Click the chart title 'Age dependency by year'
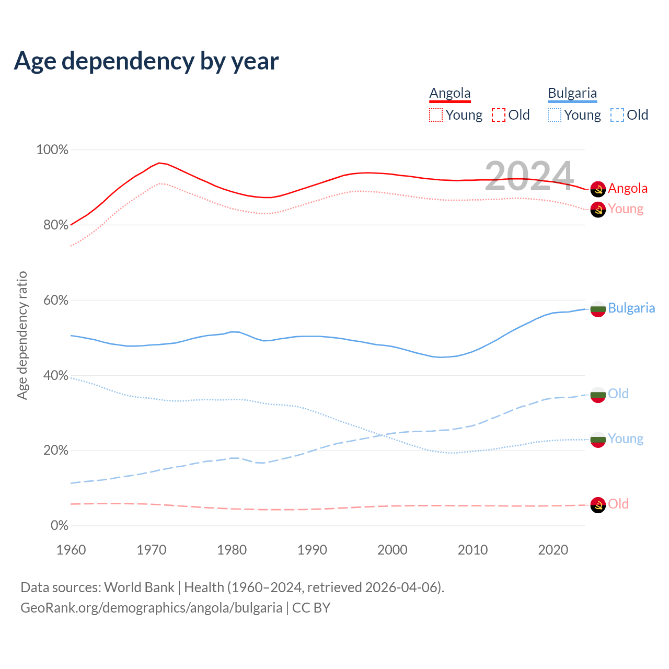(x=146, y=61)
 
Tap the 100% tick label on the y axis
(x=52, y=150)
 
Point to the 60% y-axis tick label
(x=56, y=300)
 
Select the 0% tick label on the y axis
(x=60, y=525)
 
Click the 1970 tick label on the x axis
(x=152, y=550)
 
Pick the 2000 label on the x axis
(x=393, y=550)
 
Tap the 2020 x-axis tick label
(x=553, y=550)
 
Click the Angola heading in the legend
(x=450, y=93)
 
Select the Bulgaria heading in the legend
(x=572, y=93)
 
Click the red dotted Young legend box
(x=436, y=115)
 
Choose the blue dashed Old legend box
(x=617, y=115)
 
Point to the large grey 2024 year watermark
(x=529, y=176)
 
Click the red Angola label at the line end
(x=628, y=188)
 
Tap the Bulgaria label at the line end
(x=631, y=308)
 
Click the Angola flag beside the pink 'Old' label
(x=598, y=505)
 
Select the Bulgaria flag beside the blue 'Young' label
(x=598, y=440)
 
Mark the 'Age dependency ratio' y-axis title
(x=22, y=335)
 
